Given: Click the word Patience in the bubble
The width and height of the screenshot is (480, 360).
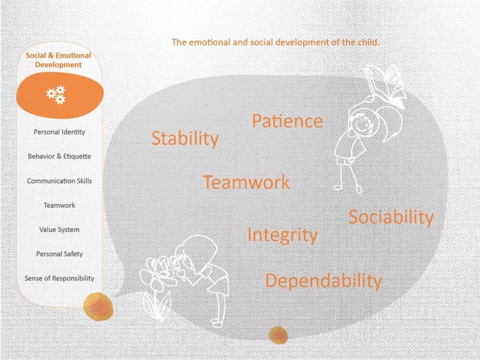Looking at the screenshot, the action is (287, 121).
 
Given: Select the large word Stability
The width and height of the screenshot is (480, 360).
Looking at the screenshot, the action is (185, 138).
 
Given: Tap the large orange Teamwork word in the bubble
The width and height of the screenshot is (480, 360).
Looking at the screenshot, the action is (246, 182).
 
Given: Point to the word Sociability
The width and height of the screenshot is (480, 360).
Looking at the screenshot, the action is (391, 217).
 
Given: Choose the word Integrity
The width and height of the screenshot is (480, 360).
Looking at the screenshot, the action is (283, 235).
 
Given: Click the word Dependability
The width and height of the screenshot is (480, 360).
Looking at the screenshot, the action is (323, 281).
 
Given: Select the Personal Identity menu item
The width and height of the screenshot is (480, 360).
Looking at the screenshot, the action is (60, 132).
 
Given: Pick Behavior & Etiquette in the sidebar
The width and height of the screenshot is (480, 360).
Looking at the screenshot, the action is (60, 157).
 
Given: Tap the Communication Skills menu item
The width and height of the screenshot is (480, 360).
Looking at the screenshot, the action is (60, 181).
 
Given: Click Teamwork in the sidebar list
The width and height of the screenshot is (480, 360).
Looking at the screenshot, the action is (60, 205).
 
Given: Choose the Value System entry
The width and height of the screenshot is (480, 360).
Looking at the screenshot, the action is (60, 230).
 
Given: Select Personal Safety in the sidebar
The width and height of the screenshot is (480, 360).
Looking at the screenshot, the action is (60, 254).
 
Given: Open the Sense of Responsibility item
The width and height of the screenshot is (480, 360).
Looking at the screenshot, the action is (60, 278).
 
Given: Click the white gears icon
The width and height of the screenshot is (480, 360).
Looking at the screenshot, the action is (56, 95).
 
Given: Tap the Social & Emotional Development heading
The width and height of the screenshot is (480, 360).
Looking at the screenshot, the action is (59, 60).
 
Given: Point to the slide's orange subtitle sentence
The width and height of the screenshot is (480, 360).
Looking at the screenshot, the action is (275, 42).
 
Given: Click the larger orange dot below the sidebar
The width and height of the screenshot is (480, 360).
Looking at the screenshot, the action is (98, 307).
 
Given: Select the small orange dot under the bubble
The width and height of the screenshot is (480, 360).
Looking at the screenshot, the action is (278, 335).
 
